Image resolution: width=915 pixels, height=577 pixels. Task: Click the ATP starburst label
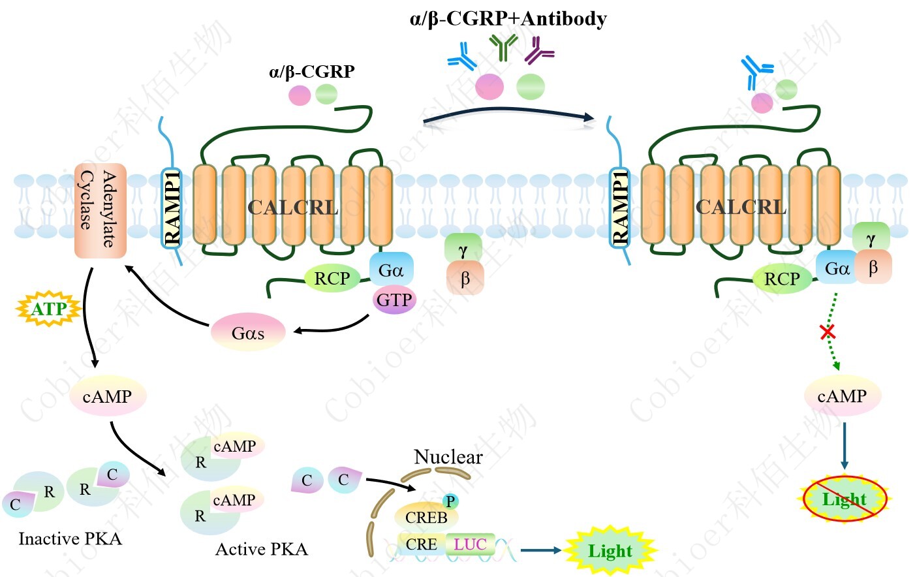coord(49,308)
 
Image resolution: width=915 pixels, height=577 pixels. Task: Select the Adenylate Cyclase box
coord(99,210)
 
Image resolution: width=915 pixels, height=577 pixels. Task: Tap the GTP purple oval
coord(394,300)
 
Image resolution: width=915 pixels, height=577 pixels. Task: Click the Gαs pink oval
coord(248,333)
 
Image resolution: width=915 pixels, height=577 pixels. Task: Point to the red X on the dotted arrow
coord(828,332)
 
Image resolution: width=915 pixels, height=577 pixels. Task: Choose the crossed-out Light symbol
coord(845,499)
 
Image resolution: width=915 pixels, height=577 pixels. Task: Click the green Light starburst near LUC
coord(610,551)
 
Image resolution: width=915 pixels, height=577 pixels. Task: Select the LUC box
coord(470,544)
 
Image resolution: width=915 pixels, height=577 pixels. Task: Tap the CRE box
coord(422,544)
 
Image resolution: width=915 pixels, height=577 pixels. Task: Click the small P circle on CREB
coord(450,501)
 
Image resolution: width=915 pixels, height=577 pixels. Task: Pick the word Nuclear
coord(448,457)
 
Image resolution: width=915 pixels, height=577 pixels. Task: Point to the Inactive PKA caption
coord(70,538)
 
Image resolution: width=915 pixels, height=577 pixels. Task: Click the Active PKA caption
coord(261,550)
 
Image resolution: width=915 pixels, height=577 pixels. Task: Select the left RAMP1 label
coord(172,208)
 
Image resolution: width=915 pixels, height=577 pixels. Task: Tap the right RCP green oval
coord(782,279)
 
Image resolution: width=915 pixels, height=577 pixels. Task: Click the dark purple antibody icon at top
coord(539,50)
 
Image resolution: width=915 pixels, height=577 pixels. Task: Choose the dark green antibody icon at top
coord(503,48)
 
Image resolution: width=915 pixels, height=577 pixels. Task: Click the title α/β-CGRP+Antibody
coord(508,18)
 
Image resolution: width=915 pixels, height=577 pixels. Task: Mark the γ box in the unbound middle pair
coord(463,249)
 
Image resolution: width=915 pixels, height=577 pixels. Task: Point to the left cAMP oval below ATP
coord(107,396)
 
